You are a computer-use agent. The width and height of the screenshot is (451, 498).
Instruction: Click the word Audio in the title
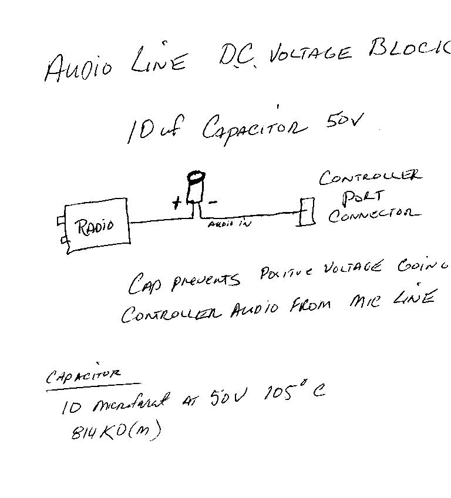(x=78, y=67)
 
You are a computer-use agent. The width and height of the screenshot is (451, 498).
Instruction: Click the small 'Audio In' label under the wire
(x=230, y=224)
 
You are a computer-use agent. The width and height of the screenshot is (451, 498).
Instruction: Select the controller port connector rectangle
(x=306, y=211)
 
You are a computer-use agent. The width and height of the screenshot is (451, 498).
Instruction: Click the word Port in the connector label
(x=363, y=196)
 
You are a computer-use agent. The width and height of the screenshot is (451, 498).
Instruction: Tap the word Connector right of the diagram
(x=374, y=215)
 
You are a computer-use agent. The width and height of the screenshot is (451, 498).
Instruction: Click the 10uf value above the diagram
(x=147, y=130)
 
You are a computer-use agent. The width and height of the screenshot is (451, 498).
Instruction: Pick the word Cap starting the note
(x=143, y=284)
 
